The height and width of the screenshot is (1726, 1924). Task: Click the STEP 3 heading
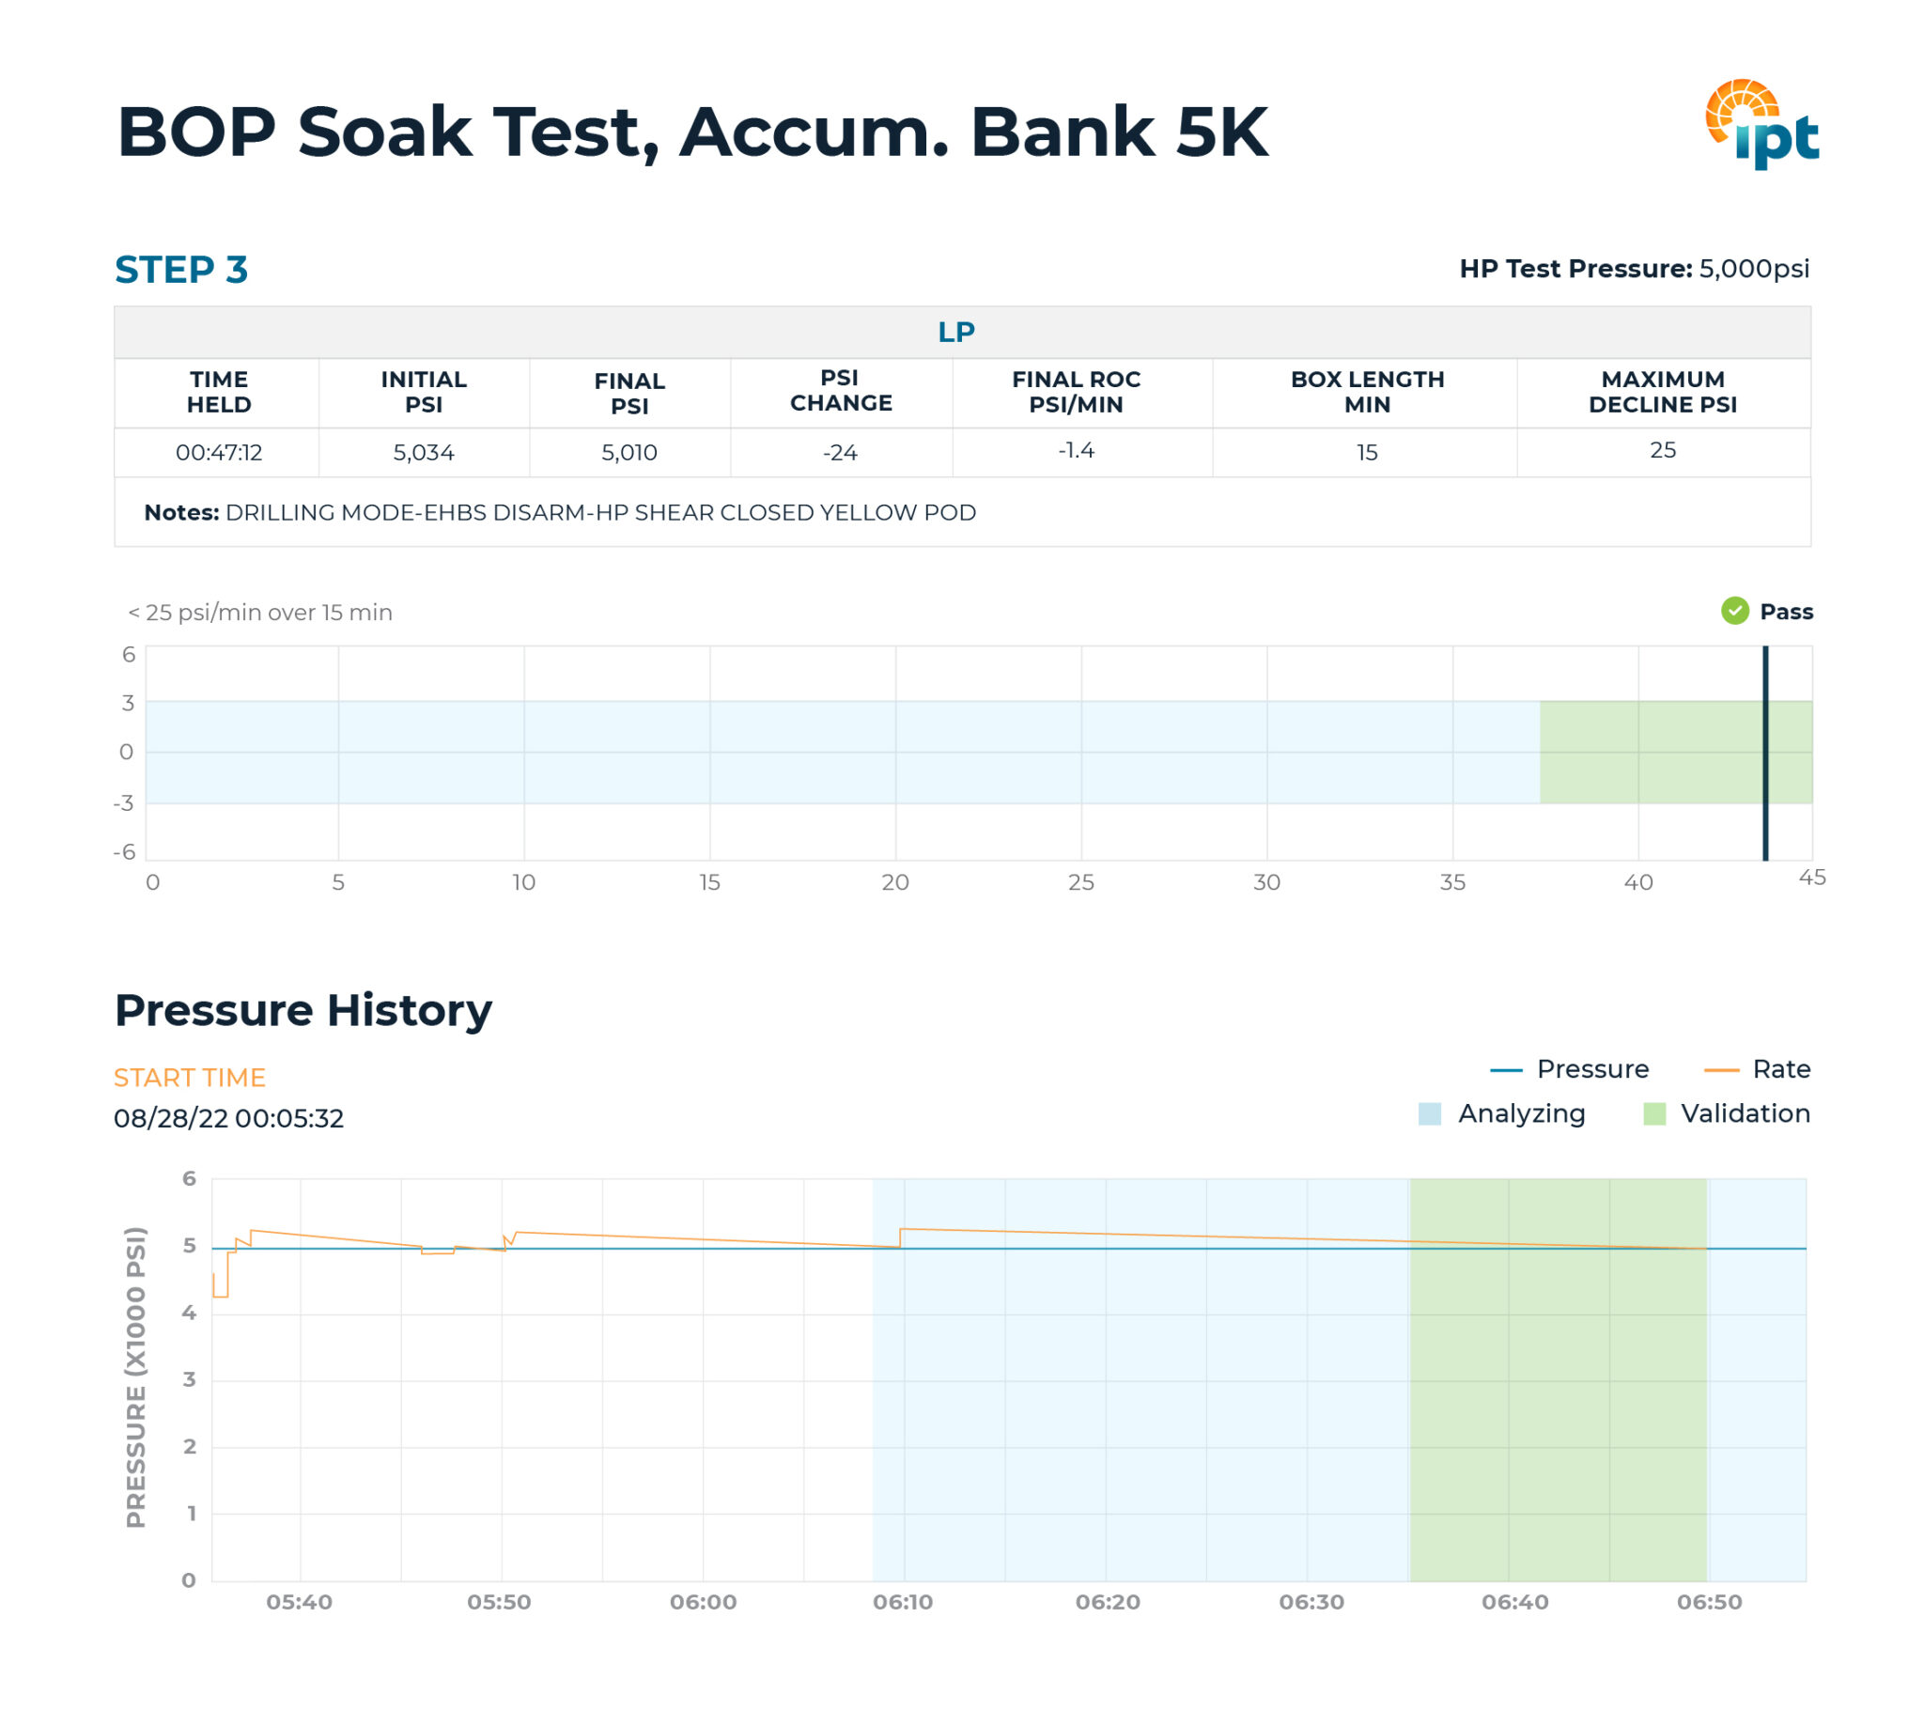pyautogui.click(x=181, y=270)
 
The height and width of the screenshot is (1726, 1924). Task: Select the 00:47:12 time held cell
pyautogui.click(x=218, y=452)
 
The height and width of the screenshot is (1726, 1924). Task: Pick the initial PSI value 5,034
pyautogui.click(x=423, y=452)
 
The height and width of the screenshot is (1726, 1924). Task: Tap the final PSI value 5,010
pyautogui.click(x=628, y=452)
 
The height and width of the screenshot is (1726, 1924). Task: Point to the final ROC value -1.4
pyautogui.click(x=1076, y=450)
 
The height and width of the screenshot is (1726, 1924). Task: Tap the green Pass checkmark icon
pyautogui.click(x=1733, y=611)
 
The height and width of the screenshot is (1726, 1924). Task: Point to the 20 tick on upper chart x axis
pyautogui.click(x=894, y=882)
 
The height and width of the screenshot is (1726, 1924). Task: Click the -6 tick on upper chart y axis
pyautogui.click(x=124, y=851)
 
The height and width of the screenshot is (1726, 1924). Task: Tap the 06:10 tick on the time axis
pyautogui.click(x=903, y=1602)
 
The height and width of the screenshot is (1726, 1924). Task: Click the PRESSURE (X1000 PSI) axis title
pyautogui.click(x=136, y=1377)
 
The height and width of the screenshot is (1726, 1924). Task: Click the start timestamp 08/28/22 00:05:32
pyautogui.click(x=228, y=1118)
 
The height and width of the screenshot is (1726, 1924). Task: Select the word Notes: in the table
pyautogui.click(x=181, y=512)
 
